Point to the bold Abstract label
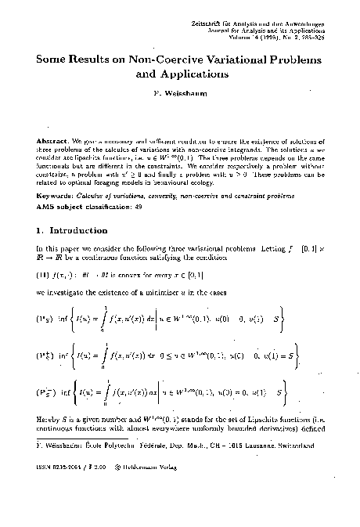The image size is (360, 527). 51,139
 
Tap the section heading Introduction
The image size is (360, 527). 81,231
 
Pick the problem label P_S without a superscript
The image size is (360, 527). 45,319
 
